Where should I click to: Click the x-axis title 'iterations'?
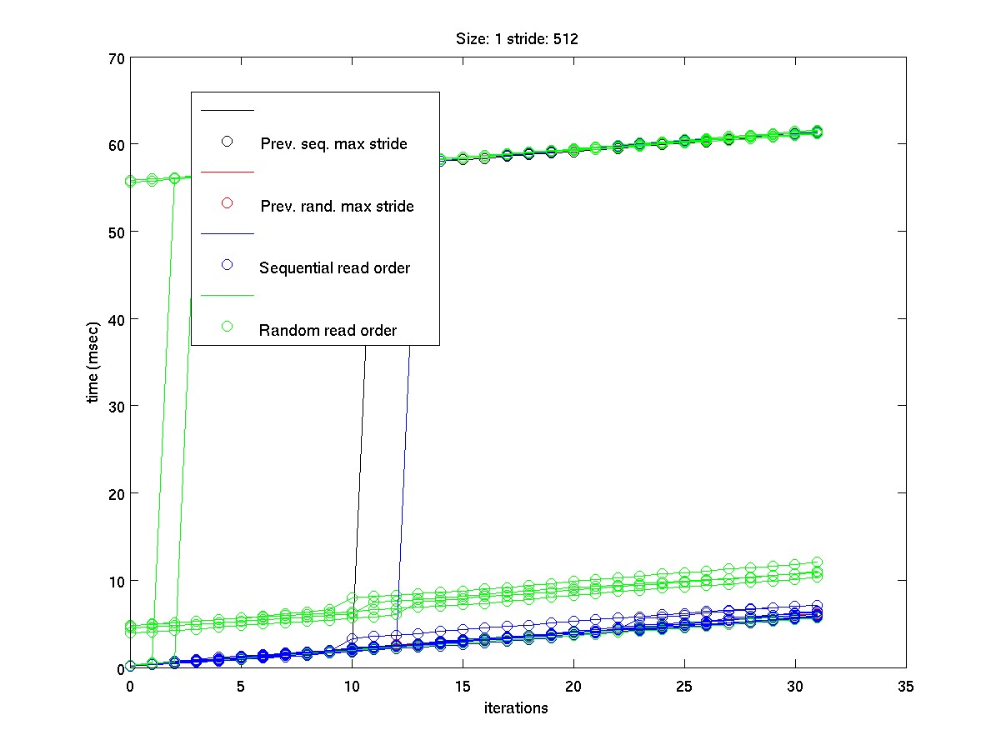coord(517,708)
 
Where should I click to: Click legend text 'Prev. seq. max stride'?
coord(333,144)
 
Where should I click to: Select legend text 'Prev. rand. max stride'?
coord(337,206)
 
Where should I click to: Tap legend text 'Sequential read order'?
coord(334,267)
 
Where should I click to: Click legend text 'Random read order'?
coord(328,330)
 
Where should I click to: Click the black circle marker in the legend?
coord(227,141)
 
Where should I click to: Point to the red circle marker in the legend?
coord(227,203)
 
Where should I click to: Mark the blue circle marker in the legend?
coord(227,265)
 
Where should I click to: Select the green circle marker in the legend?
coord(227,327)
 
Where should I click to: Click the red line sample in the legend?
coord(227,172)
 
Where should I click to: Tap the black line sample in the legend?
coord(227,110)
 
